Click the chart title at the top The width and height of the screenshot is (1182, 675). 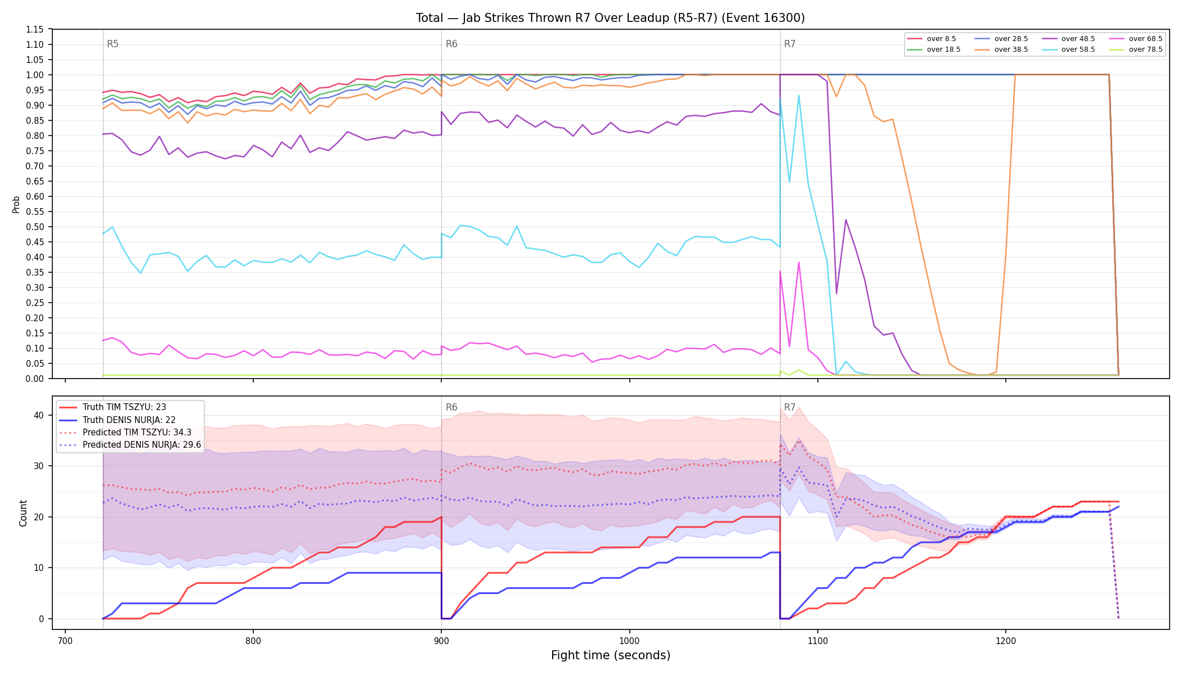click(x=610, y=18)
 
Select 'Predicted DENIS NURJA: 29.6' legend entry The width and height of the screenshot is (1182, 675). click(x=130, y=445)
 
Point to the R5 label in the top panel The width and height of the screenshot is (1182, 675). click(x=113, y=44)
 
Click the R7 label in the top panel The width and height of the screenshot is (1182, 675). click(x=790, y=44)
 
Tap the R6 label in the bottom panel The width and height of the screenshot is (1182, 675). click(x=451, y=407)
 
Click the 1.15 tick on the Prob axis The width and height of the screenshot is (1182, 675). click(x=34, y=29)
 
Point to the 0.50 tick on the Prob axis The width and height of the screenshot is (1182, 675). click(x=34, y=227)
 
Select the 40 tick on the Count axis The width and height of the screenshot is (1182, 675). click(x=38, y=415)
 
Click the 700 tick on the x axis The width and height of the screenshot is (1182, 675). click(x=65, y=640)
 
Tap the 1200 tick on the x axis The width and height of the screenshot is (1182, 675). click(x=1006, y=640)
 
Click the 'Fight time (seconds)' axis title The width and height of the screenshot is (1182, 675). click(x=611, y=655)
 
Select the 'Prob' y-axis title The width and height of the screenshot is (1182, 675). click(x=16, y=204)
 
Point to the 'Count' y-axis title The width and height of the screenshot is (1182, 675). click(x=23, y=513)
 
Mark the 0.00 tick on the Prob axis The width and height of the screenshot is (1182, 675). click(x=34, y=379)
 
